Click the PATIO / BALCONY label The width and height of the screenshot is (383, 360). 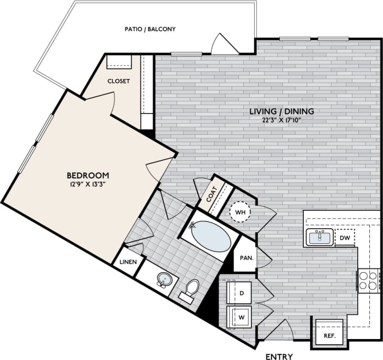pos(150,29)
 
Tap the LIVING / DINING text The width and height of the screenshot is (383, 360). pos(281,111)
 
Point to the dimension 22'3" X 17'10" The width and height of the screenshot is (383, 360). pos(281,120)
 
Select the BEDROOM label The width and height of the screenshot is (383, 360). pos(87,175)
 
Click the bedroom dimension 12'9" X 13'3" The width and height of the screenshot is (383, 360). pos(87,184)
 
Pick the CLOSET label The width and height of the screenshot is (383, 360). pos(118,81)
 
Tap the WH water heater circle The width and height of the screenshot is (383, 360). pos(241,211)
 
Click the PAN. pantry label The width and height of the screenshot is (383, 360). pos(247,258)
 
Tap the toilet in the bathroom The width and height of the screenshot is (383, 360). pos(192,289)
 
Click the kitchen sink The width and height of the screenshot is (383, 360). pos(320,238)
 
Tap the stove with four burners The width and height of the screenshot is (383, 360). pos(369,280)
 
